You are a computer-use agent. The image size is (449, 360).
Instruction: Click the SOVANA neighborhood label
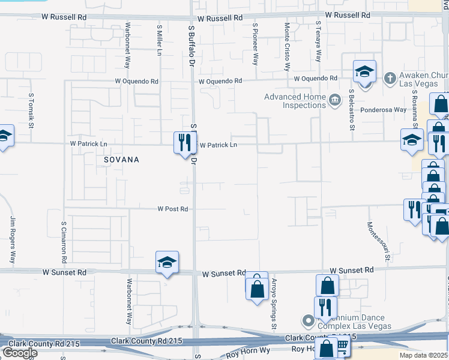tap(121, 160)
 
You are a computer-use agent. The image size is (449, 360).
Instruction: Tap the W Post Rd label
tap(173, 209)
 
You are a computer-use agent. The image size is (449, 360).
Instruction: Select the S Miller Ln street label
tap(159, 41)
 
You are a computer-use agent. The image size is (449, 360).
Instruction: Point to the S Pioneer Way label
tap(255, 44)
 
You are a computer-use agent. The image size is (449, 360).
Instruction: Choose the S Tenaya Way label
tap(318, 42)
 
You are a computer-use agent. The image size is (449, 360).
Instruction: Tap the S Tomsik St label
tap(32, 111)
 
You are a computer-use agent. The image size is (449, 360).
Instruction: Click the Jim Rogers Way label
tap(12, 240)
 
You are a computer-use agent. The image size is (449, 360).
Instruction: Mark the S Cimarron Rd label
tap(64, 242)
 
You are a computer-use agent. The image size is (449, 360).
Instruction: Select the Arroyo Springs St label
tap(274, 303)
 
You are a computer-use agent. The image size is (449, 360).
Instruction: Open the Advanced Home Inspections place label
tap(295, 101)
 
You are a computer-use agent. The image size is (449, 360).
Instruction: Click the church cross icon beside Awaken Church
tap(390, 77)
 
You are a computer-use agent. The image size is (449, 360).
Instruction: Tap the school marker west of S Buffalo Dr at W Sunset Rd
tap(167, 262)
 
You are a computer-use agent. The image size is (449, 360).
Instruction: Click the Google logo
tap(19, 353)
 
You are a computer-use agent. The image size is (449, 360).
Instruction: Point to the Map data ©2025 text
tap(424, 355)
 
